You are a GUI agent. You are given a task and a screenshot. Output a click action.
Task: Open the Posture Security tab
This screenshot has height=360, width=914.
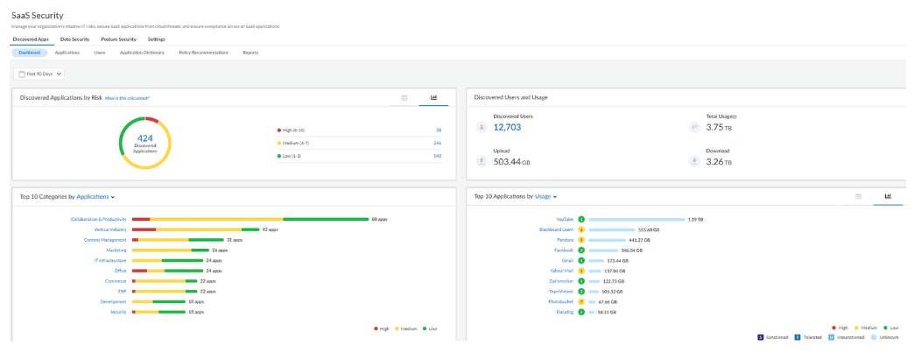coord(118,39)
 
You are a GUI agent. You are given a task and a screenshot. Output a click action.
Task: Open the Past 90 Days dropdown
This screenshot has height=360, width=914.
coord(40,74)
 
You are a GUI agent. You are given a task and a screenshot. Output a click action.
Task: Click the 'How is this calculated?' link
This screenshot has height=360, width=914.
coord(127,98)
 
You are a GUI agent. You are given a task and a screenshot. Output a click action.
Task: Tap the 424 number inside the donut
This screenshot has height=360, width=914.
coord(144,138)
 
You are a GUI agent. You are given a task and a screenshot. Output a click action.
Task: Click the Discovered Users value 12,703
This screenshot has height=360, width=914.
coord(513,128)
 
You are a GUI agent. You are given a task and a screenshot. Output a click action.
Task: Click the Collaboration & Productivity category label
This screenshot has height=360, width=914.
coord(99,219)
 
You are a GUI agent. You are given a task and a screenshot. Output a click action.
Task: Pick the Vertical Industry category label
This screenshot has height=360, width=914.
coord(109,229)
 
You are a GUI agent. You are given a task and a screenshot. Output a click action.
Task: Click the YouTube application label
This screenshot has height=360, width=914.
coord(565,219)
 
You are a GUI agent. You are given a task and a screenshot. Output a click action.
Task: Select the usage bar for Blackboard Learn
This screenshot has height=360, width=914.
coord(621,229)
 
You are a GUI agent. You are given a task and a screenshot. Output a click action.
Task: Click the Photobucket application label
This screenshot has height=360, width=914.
coord(560,301)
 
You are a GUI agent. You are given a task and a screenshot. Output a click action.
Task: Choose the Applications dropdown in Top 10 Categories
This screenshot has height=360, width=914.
coord(95,197)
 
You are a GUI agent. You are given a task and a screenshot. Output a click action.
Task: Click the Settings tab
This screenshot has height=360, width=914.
coord(156,39)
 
